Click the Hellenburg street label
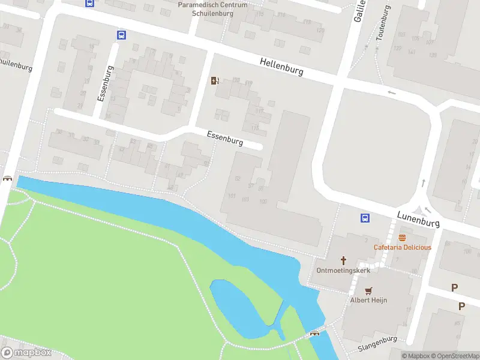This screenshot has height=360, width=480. click(x=281, y=67)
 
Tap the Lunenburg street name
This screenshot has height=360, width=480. click(x=418, y=218)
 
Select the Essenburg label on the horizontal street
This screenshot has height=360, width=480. click(x=225, y=139)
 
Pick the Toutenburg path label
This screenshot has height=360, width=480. click(x=383, y=23)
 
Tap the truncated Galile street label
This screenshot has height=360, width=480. click(x=359, y=11)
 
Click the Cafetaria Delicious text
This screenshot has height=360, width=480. click(x=402, y=247)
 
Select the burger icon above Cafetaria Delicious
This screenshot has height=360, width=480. click(x=402, y=238)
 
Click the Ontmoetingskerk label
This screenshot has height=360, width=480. click(x=344, y=271)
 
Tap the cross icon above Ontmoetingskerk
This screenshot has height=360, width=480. click(x=344, y=260)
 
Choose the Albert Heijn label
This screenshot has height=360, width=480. click(x=369, y=299)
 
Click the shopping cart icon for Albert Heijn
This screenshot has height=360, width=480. click(x=368, y=289)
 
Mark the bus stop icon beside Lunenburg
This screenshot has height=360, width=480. click(x=364, y=218)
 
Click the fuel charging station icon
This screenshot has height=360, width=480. click(x=215, y=81)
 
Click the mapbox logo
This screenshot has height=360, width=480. click(x=27, y=353)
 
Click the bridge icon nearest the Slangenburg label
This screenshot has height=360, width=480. click(x=314, y=333)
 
